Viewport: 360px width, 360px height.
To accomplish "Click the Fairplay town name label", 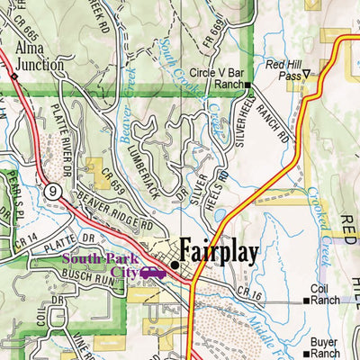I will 220,250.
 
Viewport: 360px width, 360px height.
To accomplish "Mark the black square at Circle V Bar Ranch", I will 249,85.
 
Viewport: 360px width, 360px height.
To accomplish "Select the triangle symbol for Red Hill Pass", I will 306,74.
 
